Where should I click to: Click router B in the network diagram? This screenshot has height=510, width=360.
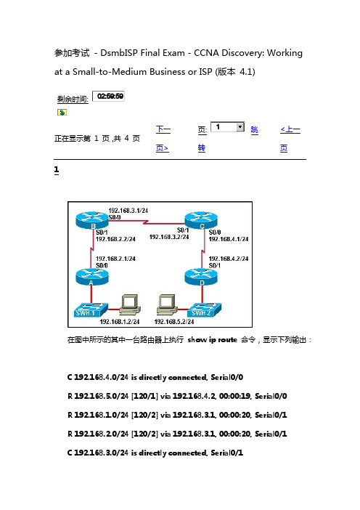click(92, 220)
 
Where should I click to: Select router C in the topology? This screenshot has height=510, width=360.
click(201, 220)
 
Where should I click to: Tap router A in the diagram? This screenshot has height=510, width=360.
click(92, 277)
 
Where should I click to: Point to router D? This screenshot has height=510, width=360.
click(201, 277)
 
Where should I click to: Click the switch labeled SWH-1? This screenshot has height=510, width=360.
click(91, 309)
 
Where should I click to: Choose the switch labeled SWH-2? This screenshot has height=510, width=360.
click(205, 309)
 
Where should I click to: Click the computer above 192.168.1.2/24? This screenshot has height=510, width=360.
click(130, 304)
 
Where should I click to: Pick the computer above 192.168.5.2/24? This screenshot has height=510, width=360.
click(167, 304)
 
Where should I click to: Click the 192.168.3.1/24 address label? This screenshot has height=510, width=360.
click(128, 211)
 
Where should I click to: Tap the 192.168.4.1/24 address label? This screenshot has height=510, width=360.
click(229, 239)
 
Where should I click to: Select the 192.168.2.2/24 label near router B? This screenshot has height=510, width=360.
click(115, 239)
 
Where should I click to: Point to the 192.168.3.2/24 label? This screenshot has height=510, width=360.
click(169, 237)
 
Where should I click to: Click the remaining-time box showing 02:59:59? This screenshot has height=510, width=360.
click(109, 97)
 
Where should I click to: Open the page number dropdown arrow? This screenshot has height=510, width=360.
click(240, 126)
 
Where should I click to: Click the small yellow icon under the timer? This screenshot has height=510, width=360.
click(62, 113)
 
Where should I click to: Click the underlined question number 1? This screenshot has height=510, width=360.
click(57, 170)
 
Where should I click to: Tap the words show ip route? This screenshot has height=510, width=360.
click(213, 340)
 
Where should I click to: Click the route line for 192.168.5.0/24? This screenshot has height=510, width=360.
click(177, 396)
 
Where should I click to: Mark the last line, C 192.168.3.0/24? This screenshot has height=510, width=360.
click(155, 453)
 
